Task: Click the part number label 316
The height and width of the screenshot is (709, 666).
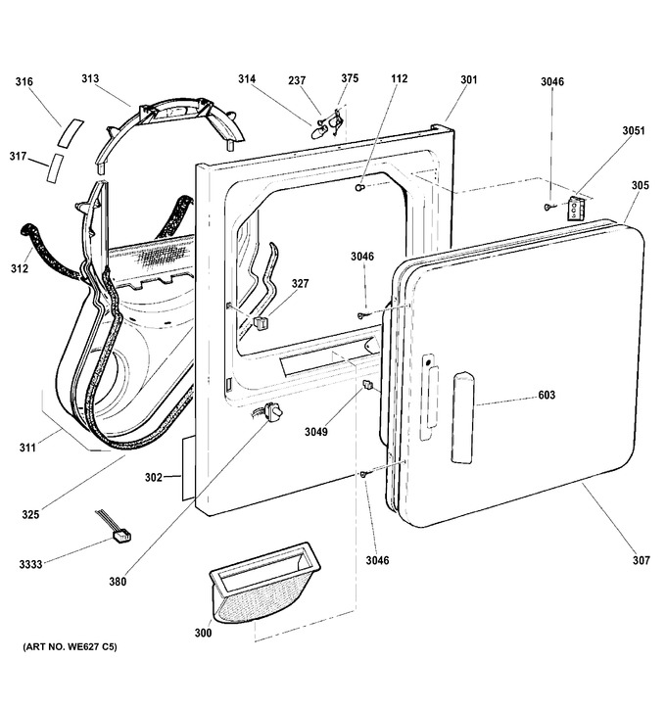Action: [24, 81]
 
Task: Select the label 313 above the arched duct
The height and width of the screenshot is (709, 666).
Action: [90, 78]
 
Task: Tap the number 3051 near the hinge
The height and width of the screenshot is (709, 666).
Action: [634, 130]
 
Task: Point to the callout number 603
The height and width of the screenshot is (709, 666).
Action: [547, 396]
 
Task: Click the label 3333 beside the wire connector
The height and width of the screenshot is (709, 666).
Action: [30, 564]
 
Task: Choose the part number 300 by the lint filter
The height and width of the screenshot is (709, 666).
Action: [203, 633]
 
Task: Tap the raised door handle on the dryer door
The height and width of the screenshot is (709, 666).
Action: [463, 417]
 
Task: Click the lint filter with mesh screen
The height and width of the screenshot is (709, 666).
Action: [264, 584]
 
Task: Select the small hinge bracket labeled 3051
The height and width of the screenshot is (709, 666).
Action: [576, 208]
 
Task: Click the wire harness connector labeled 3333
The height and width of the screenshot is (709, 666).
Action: [121, 537]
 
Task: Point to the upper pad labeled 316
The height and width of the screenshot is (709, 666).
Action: [71, 132]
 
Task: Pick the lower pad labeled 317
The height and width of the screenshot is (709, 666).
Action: [55, 168]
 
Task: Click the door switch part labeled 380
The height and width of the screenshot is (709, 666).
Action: [273, 412]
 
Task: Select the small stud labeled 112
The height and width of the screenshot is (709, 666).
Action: [359, 187]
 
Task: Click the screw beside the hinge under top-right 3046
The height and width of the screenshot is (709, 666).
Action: [548, 207]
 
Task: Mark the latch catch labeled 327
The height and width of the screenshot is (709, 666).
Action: [261, 322]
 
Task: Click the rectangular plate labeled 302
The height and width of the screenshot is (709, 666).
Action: [189, 468]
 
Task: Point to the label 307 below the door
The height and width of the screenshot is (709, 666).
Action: [642, 561]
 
